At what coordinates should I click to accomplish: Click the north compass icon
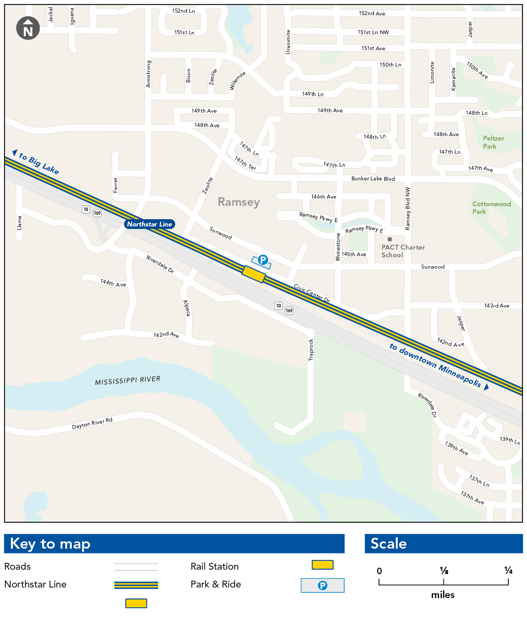point(28,28)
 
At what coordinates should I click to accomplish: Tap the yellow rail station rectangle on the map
point(254,274)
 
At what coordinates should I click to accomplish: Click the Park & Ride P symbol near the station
point(263,260)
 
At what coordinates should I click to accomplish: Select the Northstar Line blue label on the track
point(149,224)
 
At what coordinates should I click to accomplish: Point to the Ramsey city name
point(239,202)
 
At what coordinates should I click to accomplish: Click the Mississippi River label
point(128,380)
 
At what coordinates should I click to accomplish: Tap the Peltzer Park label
point(493,142)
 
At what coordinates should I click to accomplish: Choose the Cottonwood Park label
point(491,207)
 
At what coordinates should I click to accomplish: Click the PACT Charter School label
point(403,251)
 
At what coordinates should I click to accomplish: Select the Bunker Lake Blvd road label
point(373,179)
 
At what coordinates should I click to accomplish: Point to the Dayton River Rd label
point(92,423)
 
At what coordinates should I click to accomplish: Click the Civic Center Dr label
point(312,293)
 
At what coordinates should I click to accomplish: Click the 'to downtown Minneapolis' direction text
point(435,365)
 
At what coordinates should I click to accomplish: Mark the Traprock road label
point(311,350)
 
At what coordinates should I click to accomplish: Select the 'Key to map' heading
point(50,544)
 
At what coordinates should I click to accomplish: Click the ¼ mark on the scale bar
point(508,571)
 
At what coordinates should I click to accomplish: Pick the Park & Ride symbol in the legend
point(322,586)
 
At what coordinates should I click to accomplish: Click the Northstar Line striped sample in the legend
point(136,585)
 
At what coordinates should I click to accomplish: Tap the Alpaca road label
point(186,308)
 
